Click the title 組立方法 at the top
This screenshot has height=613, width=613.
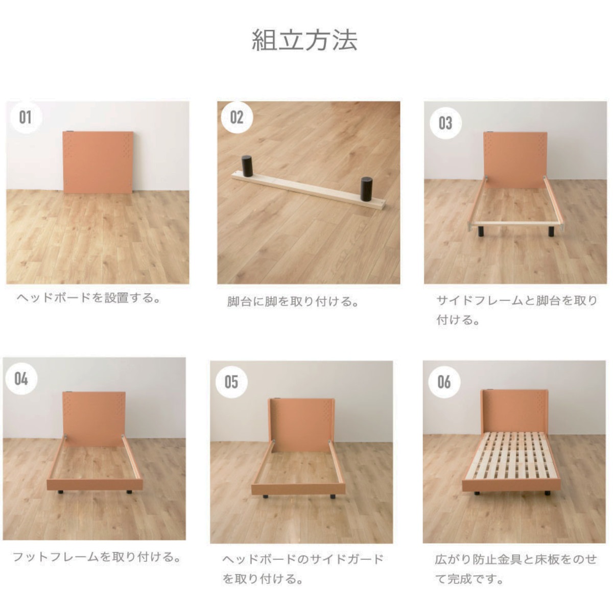coord(304,41)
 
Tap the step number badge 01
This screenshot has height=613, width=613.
coord(26,117)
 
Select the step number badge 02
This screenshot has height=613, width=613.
coord(237,117)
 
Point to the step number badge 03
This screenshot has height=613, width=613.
coord(445,123)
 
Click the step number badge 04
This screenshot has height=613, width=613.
coord(21,379)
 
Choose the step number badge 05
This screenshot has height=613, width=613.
coord(231,382)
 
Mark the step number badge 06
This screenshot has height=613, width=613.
coord(444,382)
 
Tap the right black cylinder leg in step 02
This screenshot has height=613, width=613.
coord(366,189)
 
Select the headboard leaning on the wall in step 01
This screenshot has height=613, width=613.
coord(98,162)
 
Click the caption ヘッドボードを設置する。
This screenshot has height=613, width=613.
coord(88,298)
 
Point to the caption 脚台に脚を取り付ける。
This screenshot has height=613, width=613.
coord(293,302)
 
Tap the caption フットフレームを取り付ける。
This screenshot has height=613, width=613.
coord(97,557)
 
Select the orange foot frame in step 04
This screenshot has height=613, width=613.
coord(95,484)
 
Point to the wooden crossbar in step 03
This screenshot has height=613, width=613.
coord(515,223)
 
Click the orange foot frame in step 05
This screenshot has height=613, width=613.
coord(298,488)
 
